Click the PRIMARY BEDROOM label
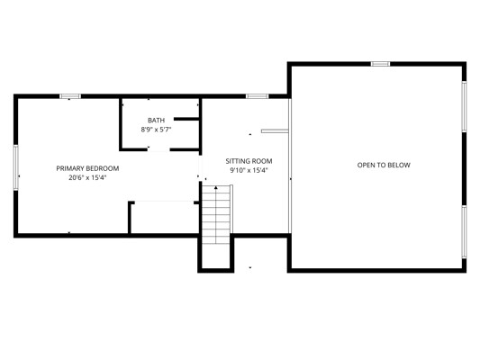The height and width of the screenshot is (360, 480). click(x=87, y=168)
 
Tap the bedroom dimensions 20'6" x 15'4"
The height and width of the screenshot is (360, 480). click(x=87, y=177)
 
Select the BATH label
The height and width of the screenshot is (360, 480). click(x=156, y=121)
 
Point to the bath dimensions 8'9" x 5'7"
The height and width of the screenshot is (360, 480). click(x=156, y=130)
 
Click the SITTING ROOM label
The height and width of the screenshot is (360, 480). click(x=249, y=161)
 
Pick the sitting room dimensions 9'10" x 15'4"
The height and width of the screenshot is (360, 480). click(x=249, y=170)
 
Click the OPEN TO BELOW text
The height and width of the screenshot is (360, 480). click(x=384, y=166)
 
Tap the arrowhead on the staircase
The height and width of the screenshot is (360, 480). click(x=216, y=187)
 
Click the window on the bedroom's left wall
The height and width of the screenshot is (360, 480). click(x=15, y=167)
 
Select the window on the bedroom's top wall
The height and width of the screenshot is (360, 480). click(x=70, y=96)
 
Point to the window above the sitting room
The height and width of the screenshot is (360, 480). click(x=258, y=96)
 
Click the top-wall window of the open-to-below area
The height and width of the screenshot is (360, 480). click(x=381, y=64)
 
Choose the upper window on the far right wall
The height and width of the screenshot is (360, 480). click(x=464, y=106)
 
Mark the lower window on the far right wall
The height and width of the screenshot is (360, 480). click(x=464, y=231)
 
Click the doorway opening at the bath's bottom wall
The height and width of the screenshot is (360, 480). click(x=158, y=149)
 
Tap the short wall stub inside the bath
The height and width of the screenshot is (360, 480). click(x=186, y=119)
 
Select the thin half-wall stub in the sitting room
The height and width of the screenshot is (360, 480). click(x=275, y=130)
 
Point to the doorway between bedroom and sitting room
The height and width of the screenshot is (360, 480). click(x=201, y=167)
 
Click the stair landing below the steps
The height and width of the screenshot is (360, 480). click(x=216, y=256)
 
